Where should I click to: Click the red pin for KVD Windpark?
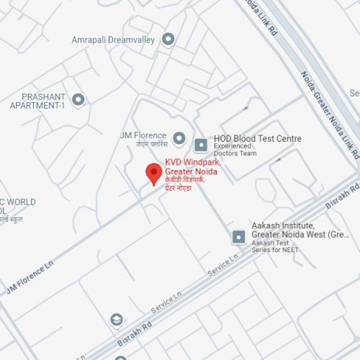(153, 174)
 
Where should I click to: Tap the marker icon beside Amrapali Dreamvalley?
(168, 39)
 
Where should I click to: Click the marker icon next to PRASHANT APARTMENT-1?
(78, 99)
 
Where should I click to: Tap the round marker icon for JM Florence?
(179, 137)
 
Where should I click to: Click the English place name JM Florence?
(143, 135)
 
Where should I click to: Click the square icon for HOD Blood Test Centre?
(201, 140)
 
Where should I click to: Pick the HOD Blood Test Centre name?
(257, 139)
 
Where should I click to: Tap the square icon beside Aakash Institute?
(238, 236)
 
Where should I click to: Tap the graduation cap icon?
(116, 320)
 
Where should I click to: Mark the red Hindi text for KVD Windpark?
(184, 184)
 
